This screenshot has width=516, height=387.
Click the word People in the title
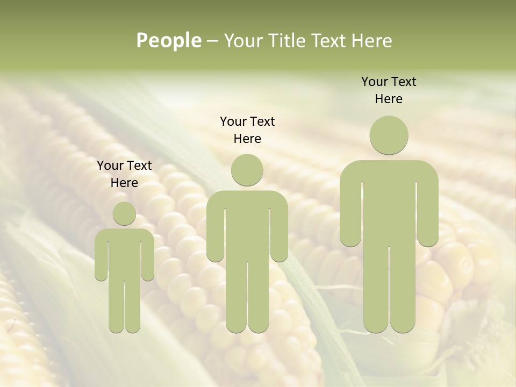click(x=168, y=40)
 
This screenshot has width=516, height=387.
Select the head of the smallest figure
click(x=124, y=213)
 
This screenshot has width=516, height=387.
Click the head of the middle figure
click(x=247, y=170)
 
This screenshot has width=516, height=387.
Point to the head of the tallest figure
click(x=389, y=135)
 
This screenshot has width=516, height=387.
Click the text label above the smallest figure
click(x=124, y=174)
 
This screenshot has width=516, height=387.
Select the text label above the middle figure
click(x=247, y=130)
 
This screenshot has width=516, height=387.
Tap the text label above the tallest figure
click(x=389, y=90)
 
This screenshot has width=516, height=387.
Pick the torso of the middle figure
click(x=247, y=226)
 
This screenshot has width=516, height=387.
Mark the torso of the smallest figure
click(x=124, y=253)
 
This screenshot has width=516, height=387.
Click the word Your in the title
click(x=241, y=40)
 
